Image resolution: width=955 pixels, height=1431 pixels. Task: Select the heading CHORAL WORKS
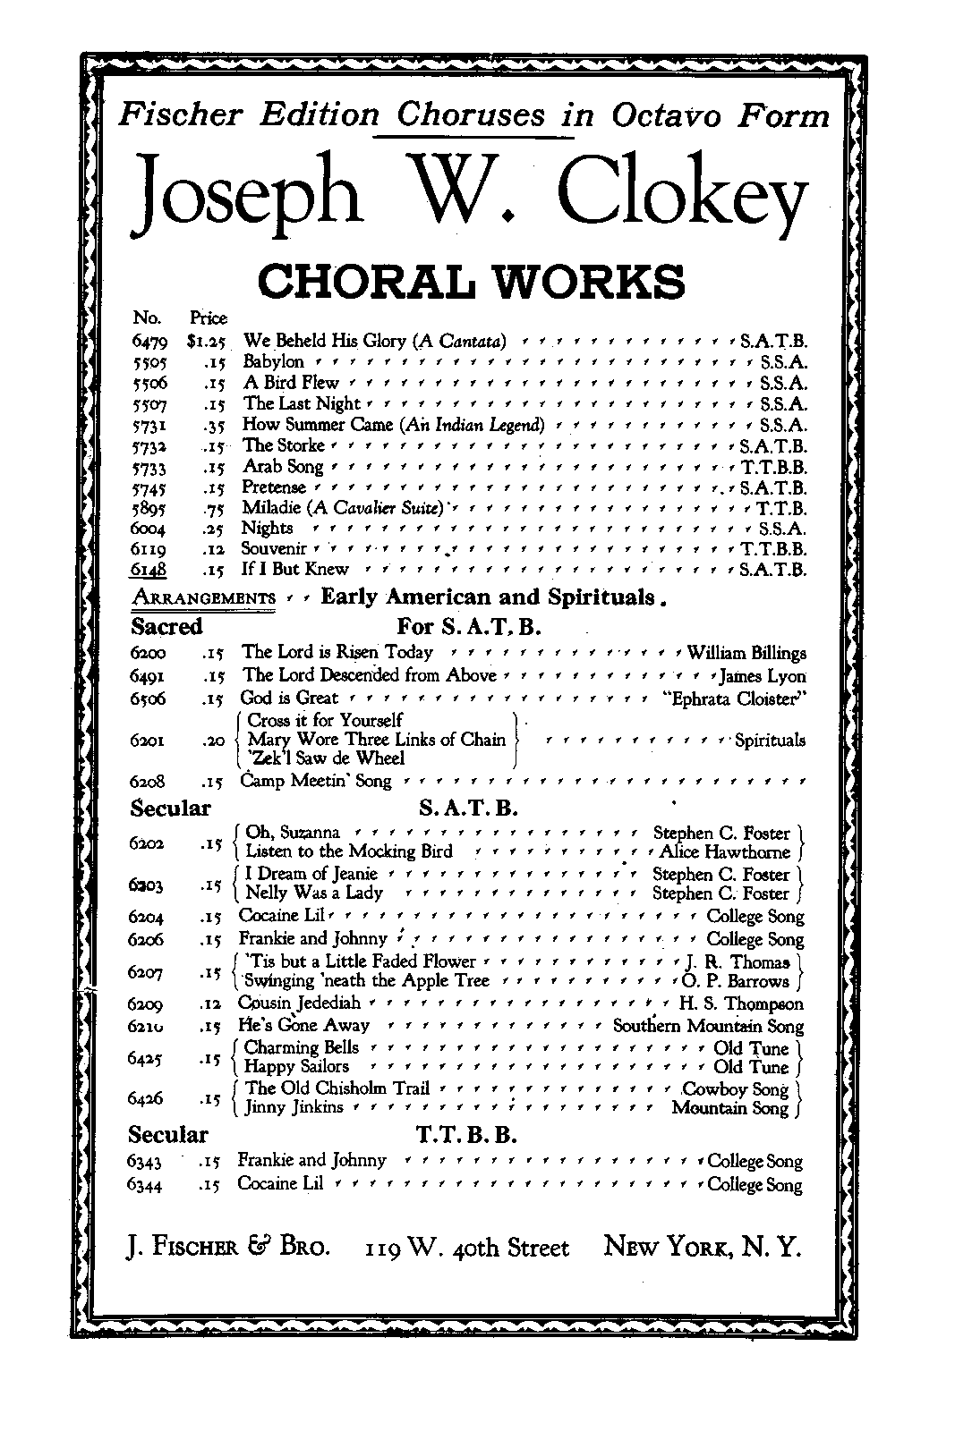tap(471, 280)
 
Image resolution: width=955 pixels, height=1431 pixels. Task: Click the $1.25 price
tap(209, 341)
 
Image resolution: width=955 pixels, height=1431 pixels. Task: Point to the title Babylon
tap(274, 362)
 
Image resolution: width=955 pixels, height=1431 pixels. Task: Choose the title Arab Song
tap(283, 467)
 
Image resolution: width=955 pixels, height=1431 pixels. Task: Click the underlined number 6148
tap(149, 570)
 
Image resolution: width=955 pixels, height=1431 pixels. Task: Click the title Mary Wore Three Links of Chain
tap(376, 740)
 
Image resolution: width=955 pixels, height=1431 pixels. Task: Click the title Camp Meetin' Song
tap(317, 781)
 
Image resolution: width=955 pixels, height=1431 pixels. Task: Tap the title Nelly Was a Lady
tap(314, 893)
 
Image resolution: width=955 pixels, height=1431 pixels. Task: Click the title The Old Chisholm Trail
tap(337, 1088)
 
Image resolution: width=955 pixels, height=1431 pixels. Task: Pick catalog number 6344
tap(149, 1184)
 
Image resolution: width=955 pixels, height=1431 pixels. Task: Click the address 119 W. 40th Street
tap(466, 1248)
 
